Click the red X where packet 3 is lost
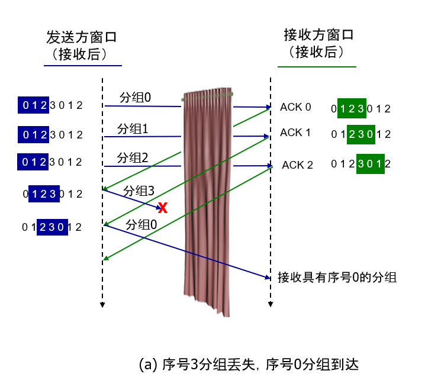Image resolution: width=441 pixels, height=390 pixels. (163, 208)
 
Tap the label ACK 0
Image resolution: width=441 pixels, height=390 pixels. (295, 107)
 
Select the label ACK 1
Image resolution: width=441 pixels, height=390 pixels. (295, 133)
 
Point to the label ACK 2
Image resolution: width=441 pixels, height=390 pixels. (297, 165)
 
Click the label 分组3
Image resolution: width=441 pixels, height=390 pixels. (139, 191)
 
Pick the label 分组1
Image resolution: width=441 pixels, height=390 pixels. (133, 129)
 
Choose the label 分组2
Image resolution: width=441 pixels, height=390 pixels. (133, 158)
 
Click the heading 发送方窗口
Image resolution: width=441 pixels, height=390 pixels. (82, 37)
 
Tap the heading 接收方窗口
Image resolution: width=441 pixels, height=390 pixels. (318, 35)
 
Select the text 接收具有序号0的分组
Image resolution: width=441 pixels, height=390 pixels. (337, 278)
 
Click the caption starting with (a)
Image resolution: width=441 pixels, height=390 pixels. (249, 365)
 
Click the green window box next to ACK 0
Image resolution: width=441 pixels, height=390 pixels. (352, 108)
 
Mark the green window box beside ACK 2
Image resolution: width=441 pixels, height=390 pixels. (371, 164)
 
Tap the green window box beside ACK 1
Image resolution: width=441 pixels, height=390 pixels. (361, 134)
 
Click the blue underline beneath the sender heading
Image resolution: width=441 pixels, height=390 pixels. (83, 66)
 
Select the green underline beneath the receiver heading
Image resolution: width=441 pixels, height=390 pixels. (317, 67)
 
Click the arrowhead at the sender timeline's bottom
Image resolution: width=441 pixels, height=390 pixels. (102, 305)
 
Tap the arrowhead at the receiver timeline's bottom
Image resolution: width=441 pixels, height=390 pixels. (271, 304)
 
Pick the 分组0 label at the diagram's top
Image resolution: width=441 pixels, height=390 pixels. (136, 98)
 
